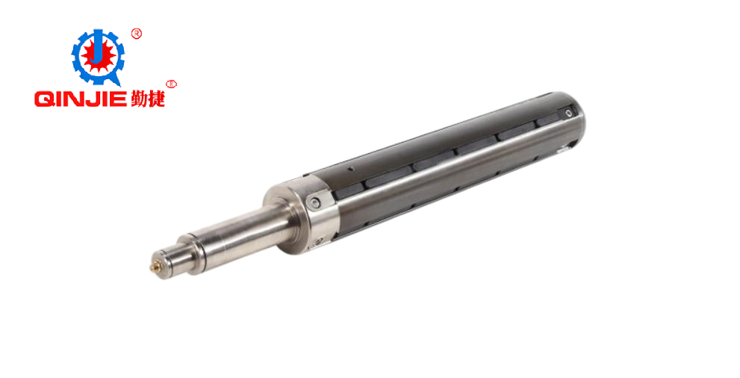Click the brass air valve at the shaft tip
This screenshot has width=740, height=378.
tap(154, 267)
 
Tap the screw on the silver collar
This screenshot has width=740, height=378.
tap(315, 203)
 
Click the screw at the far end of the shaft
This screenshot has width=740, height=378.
tap(569, 113)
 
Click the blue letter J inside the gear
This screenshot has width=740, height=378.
tap(97, 47)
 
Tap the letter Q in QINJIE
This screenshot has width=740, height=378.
tap(44, 99)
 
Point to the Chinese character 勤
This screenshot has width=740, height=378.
tap(139, 98)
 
